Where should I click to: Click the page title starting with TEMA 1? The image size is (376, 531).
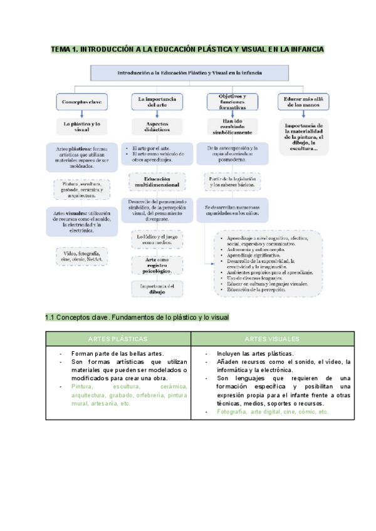pyautogui.click(x=187, y=49)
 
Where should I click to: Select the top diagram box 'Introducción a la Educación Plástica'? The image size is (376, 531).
pyautogui.click(x=188, y=73)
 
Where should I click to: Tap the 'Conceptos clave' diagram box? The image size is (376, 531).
pyautogui.click(x=82, y=101)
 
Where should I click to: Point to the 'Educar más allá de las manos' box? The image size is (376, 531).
pyautogui.click(x=304, y=101)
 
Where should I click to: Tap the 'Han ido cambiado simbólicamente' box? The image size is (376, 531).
pyautogui.click(x=232, y=126)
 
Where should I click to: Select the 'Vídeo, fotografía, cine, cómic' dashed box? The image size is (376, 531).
pyautogui.click(x=81, y=255)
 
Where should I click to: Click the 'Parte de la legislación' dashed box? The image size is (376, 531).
pyautogui.click(x=232, y=182)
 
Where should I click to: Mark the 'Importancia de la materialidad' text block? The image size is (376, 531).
pyautogui.click(x=304, y=137)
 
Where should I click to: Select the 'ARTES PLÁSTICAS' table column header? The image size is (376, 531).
pyautogui.click(x=117, y=338)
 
